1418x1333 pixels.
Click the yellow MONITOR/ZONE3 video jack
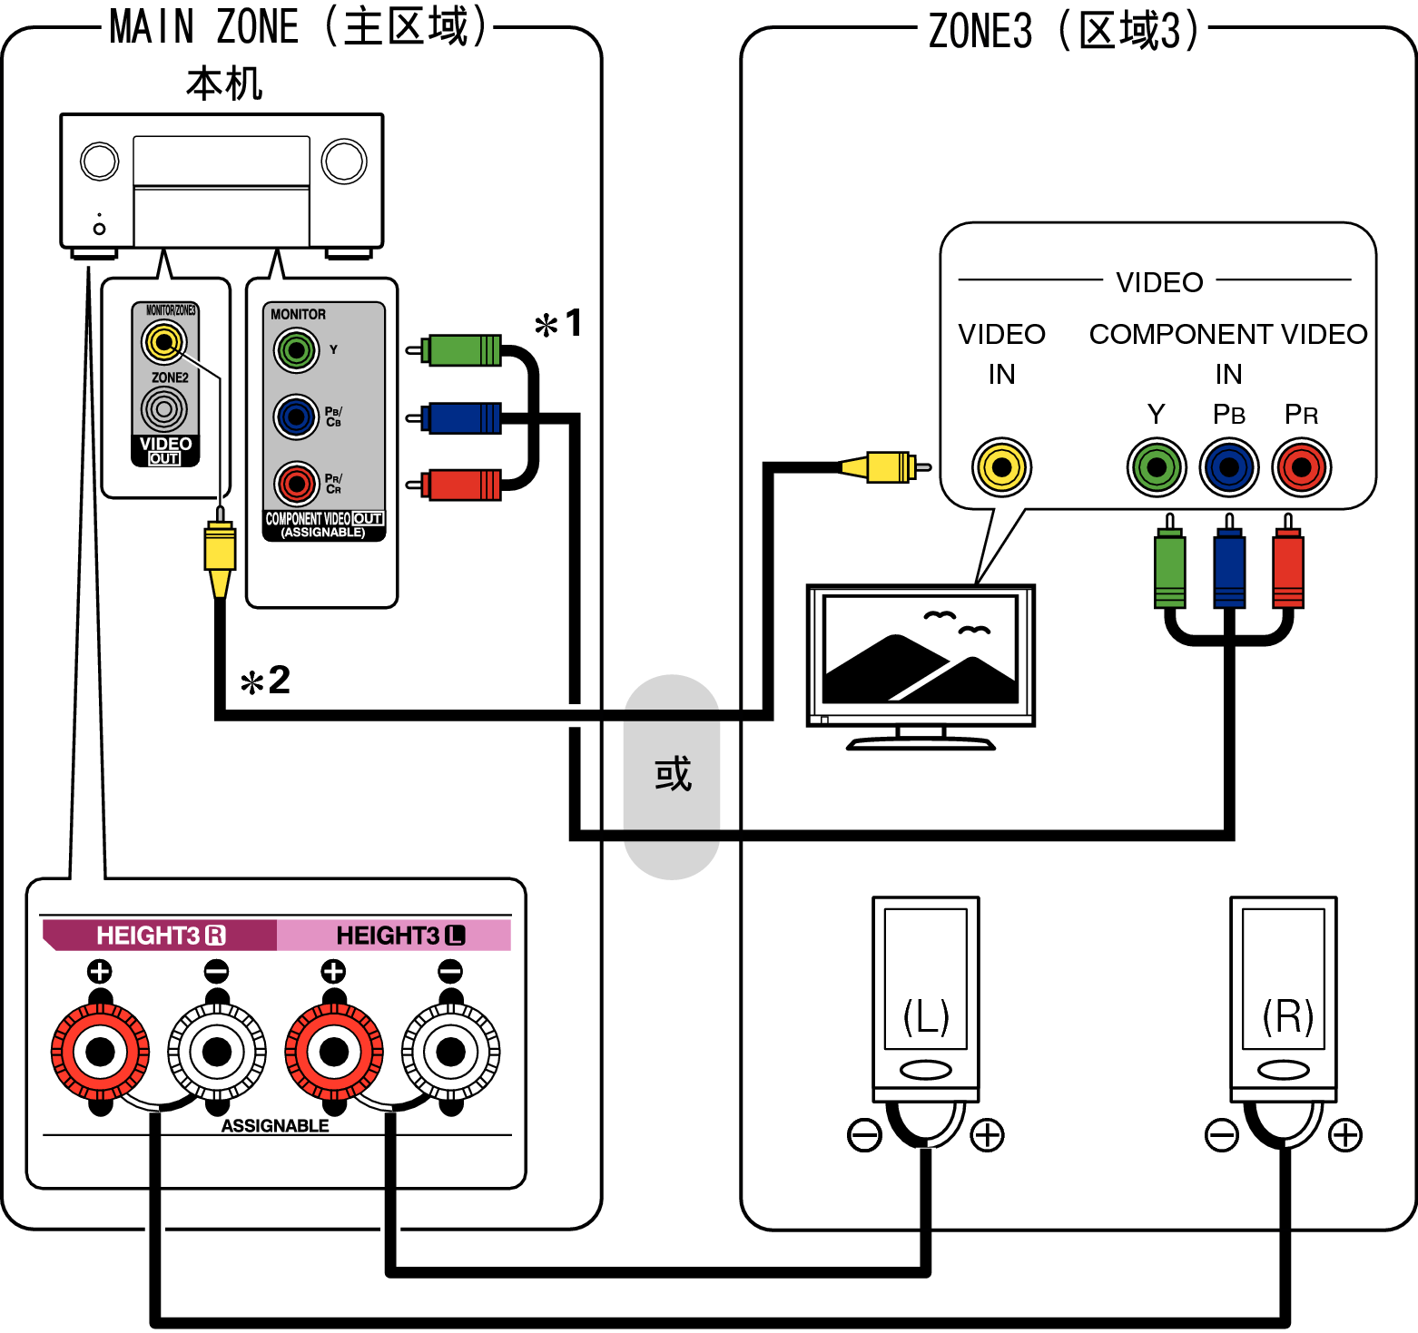163,342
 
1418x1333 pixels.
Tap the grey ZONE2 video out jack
164,409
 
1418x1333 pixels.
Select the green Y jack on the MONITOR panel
296,349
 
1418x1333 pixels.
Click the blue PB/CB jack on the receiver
296,417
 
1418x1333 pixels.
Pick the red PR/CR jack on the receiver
296,484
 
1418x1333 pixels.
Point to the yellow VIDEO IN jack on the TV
1001,467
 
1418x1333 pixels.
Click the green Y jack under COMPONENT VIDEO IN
1156,467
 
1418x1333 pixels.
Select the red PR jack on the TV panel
1301,467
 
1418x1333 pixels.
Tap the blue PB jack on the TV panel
1228,467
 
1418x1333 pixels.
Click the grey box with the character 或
672,776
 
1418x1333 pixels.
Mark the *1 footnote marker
558,324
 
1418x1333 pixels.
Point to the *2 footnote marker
265,681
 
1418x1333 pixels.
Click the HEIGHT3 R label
160,936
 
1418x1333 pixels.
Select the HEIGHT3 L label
399,936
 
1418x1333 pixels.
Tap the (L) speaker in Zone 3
925,998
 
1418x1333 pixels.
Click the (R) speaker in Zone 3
1283,998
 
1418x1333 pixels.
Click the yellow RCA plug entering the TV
885,467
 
